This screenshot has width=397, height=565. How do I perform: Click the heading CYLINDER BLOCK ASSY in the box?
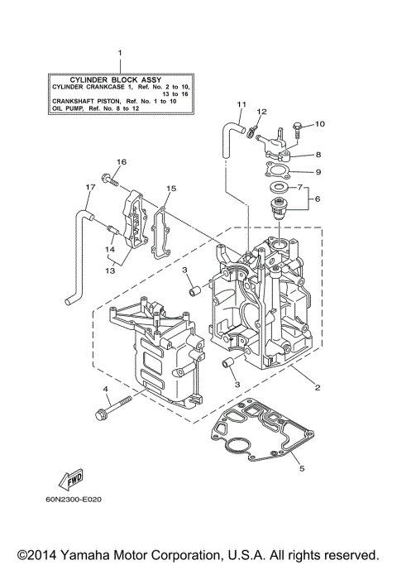(119, 78)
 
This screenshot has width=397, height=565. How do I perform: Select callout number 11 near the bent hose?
(242, 104)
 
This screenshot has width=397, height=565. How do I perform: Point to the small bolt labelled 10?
(295, 127)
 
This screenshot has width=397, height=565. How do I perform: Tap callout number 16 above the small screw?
(121, 161)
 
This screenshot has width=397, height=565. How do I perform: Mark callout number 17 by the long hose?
(88, 188)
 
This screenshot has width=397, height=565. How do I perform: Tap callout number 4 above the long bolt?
(105, 388)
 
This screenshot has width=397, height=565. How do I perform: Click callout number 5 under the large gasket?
(301, 468)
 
